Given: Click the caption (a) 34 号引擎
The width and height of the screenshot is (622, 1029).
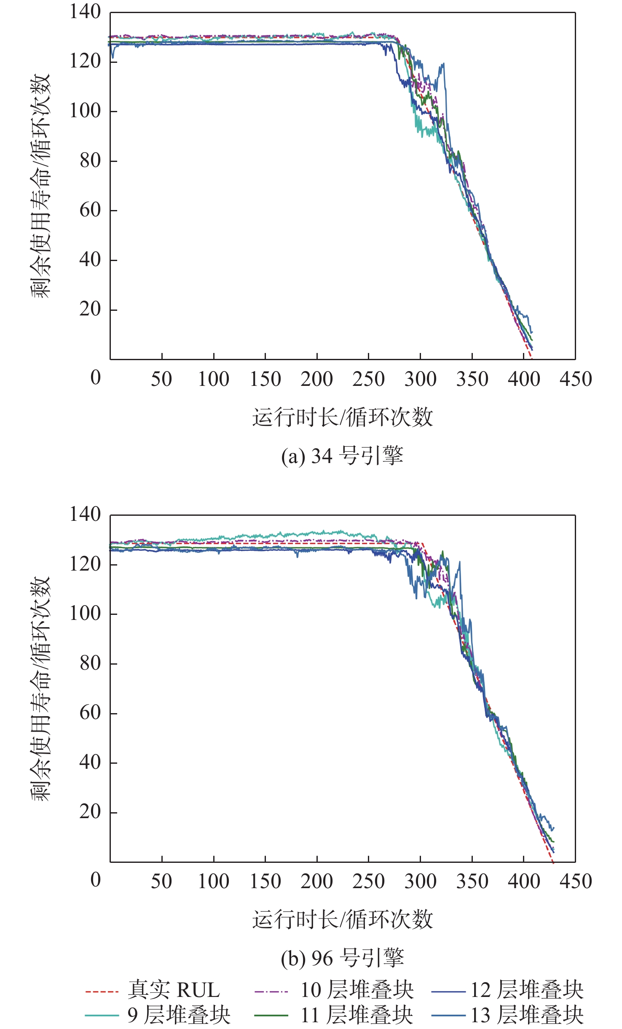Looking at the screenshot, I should (x=342, y=456).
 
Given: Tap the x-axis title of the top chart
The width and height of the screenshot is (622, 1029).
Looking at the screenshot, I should (x=342, y=417).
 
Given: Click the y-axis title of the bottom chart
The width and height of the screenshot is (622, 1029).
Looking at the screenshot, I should (x=41, y=688).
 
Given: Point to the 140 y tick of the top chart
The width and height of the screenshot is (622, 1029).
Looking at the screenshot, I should (x=85, y=12).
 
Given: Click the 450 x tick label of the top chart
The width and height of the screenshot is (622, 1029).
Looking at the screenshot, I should (x=576, y=379).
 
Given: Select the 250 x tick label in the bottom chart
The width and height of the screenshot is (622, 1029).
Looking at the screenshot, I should (x=368, y=881).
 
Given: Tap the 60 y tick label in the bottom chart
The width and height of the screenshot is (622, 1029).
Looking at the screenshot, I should (x=90, y=713).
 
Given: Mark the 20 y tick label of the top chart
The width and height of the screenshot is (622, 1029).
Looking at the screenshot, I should (x=90, y=309).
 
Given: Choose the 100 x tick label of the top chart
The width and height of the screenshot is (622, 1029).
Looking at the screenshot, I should (x=214, y=379).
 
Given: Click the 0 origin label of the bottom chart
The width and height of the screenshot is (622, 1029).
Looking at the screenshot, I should (x=96, y=880).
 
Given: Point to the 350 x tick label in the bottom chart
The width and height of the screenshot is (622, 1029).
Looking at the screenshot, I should (x=472, y=881).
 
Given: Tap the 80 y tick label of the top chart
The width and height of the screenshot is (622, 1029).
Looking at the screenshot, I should (x=90, y=161).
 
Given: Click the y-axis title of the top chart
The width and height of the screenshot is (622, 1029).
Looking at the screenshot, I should (x=41, y=186).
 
